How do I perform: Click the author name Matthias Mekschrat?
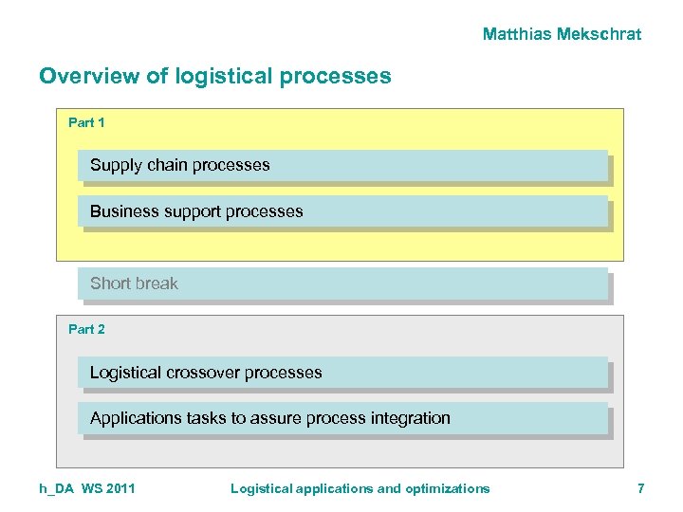click(562, 34)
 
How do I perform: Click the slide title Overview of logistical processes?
click(214, 76)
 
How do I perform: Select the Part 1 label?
click(86, 122)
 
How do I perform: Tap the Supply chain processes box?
click(341, 165)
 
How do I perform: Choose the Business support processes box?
click(341, 211)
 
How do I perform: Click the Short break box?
click(341, 283)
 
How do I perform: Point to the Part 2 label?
click(86, 329)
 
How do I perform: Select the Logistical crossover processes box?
click(341, 373)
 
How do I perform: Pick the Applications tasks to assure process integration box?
click(341, 418)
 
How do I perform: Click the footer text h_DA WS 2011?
click(86, 488)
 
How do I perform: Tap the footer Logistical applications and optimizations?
click(360, 488)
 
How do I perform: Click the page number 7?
click(640, 488)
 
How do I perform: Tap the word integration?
click(413, 418)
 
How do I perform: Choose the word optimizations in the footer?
click(448, 488)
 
